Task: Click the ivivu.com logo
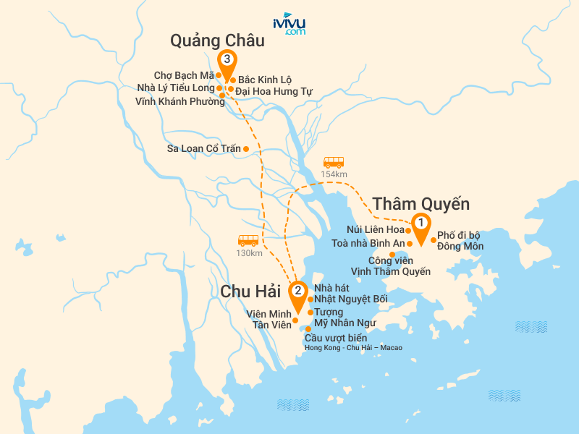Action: coord(289,24)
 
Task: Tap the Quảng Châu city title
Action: coord(217,41)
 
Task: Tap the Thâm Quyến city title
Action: coord(420,203)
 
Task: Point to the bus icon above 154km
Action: coord(334,163)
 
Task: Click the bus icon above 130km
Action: coord(248,240)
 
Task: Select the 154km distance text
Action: coord(334,174)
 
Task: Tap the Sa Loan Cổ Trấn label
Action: coord(203,149)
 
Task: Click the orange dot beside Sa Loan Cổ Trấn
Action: coord(246,149)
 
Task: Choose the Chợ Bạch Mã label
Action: coord(184,75)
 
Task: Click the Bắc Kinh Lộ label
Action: coord(265,80)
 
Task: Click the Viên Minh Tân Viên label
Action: coord(267,319)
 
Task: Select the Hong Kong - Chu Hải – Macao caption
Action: coord(353,348)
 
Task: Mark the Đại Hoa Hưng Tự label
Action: coord(274,91)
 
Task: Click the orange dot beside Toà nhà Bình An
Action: coord(409,244)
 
